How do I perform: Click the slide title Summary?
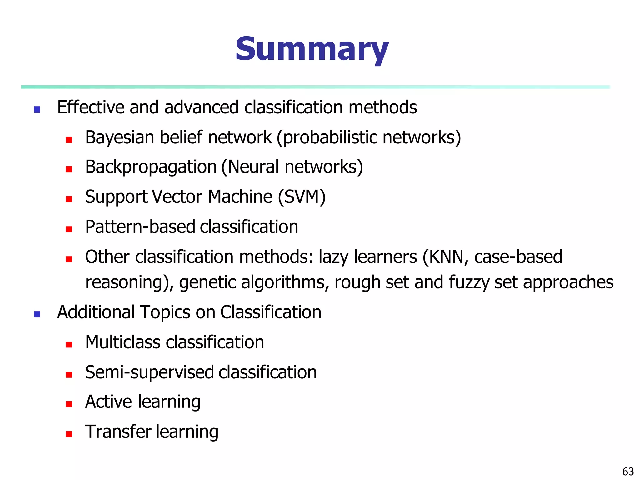[312, 50]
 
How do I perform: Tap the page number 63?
[628, 471]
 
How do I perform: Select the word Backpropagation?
[151, 167]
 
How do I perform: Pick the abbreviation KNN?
[446, 257]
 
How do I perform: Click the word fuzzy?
[469, 282]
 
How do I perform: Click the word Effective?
[91, 107]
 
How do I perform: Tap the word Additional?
[96, 312]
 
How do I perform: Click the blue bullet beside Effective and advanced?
[37, 109]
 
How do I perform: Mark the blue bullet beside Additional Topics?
[37, 314]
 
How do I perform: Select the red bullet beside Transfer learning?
[69, 434]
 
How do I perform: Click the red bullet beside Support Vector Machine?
[69, 199]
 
